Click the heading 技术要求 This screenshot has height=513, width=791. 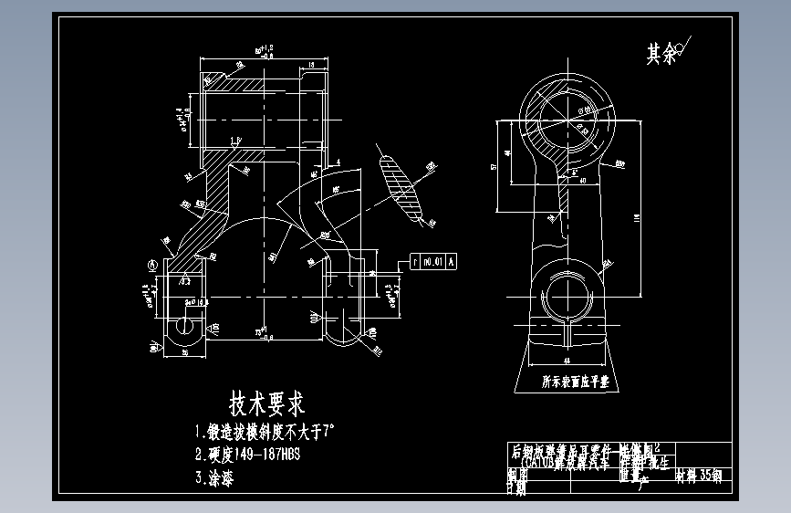coord(266,402)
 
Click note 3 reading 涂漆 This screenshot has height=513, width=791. coord(214,476)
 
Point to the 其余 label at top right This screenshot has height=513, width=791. coord(663,54)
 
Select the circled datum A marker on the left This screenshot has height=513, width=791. coord(151,263)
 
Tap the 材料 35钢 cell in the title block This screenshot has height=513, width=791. coord(698,476)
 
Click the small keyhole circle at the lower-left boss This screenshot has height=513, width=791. coord(185,326)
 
